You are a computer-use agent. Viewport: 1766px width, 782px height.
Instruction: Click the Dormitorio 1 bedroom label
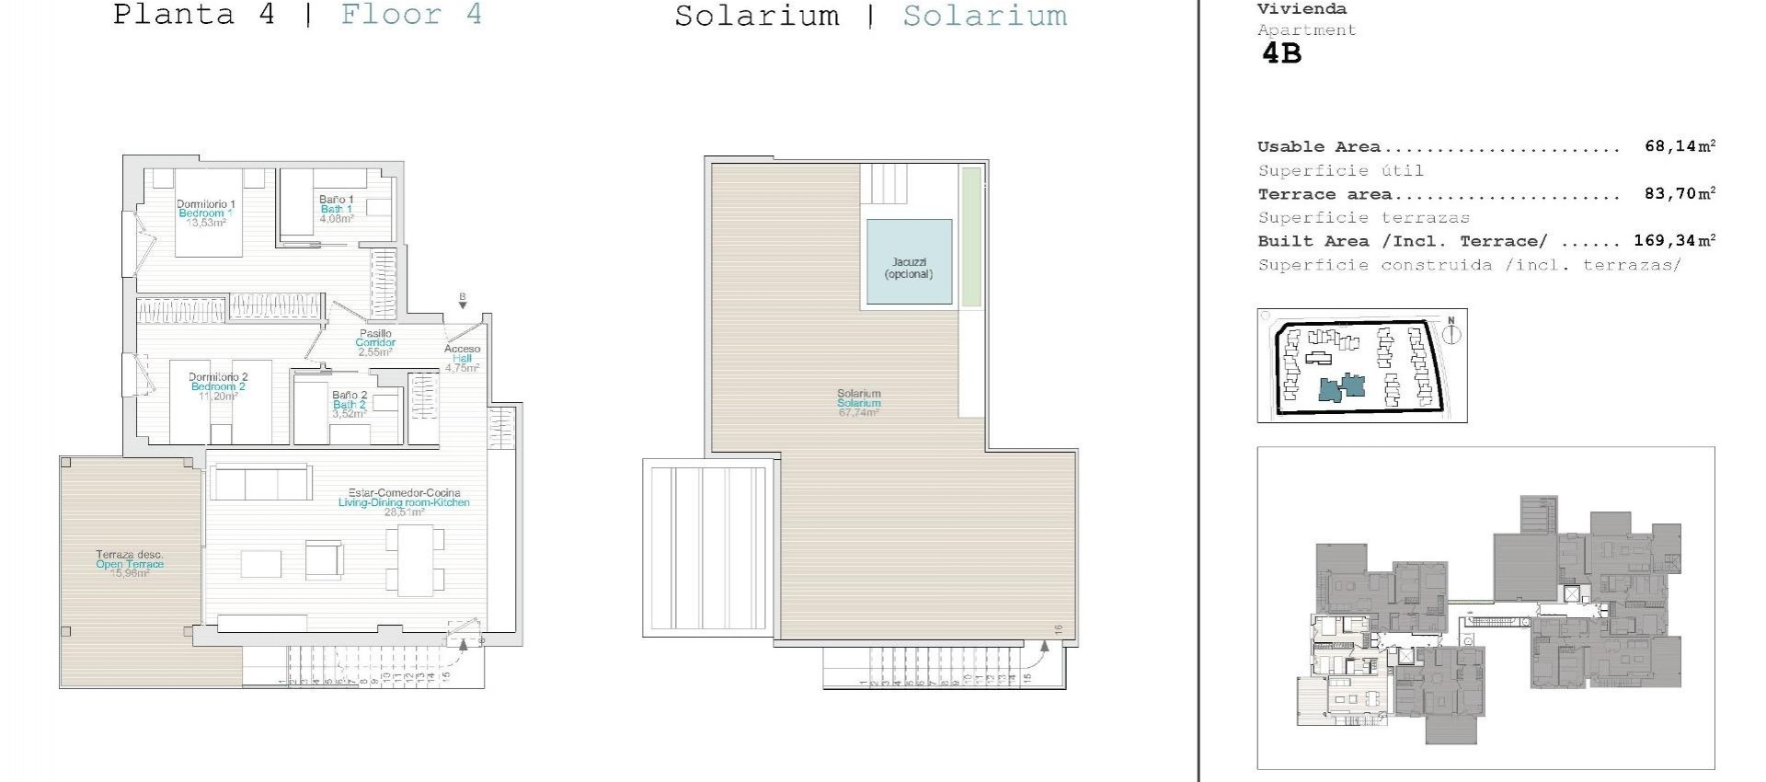[x=206, y=213]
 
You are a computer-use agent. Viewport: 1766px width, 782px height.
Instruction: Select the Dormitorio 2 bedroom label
[x=218, y=386]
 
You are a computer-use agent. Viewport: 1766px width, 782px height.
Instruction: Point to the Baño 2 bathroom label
[x=350, y=404]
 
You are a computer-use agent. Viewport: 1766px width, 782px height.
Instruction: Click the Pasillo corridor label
[x=375, y=342]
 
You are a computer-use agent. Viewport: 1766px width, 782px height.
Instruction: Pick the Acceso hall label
[x=462, y=358]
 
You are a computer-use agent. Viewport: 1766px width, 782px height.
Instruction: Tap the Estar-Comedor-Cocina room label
[x=404, y=502]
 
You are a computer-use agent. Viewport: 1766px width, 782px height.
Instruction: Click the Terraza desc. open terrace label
[x=130, y=564]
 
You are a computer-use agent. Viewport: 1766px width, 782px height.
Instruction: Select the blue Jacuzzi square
[x=909, y=262]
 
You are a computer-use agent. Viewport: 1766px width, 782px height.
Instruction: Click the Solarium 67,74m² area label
[x=859, y=403]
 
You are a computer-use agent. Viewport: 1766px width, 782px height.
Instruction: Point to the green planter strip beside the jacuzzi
[x=970, y=236]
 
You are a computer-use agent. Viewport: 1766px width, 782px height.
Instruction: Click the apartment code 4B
[x=1281, y=53]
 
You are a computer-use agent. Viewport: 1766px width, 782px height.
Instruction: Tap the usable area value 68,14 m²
[x=1680, y=146]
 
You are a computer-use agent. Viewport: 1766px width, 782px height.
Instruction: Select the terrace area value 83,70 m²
[x=1680, y=194]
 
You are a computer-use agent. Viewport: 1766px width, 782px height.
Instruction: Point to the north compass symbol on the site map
[x=1451, y=332]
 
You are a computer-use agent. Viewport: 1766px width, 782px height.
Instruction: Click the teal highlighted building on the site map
[x=1342, y=387]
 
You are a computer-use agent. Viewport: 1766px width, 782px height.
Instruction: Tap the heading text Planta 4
[x=194, y=15]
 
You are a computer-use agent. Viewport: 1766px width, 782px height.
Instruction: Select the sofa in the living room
[x=261, y=481]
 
